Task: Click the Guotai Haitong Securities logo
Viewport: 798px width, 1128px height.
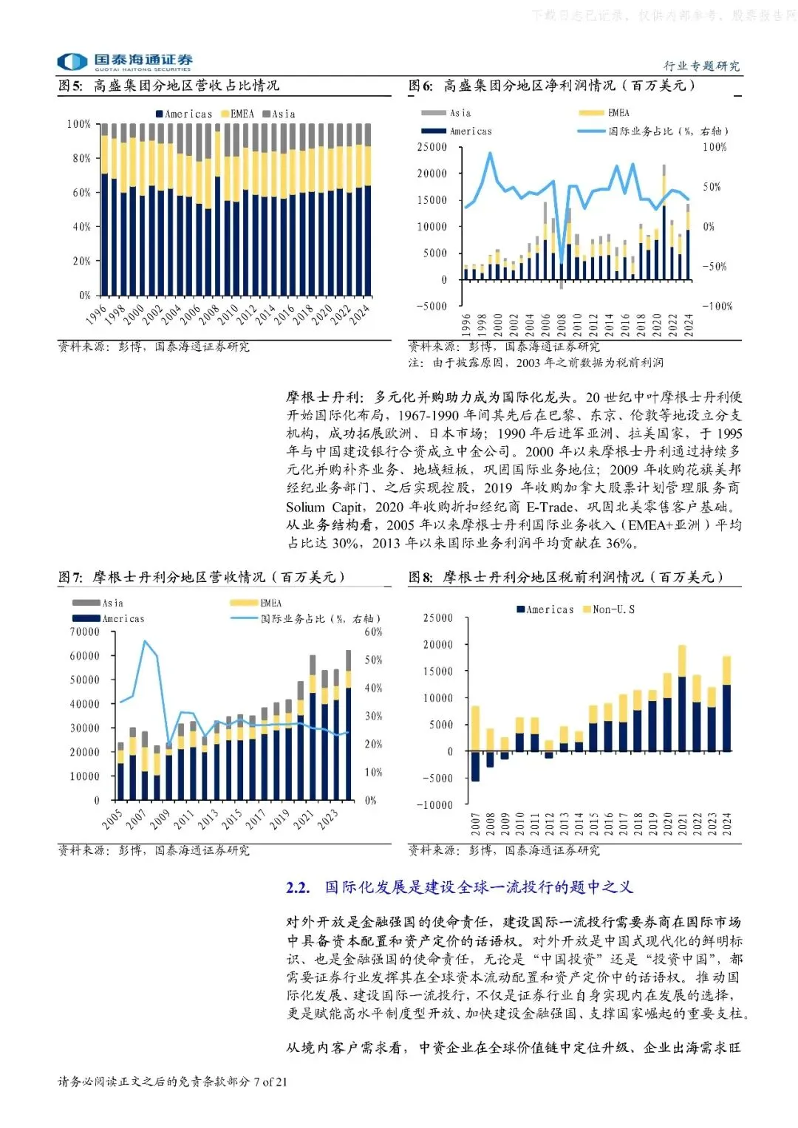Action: coord(125,61)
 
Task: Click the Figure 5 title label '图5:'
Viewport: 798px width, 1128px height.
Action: coord(71,86)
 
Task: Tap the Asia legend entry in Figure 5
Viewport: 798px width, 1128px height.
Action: coord(280,114)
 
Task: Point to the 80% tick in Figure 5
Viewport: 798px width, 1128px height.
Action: coord(81,158)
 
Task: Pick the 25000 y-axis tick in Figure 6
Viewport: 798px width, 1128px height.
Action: coord(432,147)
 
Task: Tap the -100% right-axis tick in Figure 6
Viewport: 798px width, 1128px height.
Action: coord(717,306)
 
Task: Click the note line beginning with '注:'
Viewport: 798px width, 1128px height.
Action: coord(536,363)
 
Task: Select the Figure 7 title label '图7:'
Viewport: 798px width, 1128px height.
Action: coord(71,577)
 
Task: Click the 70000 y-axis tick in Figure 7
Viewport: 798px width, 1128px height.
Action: coord(84,632)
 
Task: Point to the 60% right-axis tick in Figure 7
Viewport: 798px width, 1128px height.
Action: coord(373,632)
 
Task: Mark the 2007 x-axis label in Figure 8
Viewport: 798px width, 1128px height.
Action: coord(475,824)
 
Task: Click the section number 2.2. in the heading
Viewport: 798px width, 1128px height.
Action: coord(298,888)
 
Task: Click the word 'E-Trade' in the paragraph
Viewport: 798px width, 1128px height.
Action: coord(550,507)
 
